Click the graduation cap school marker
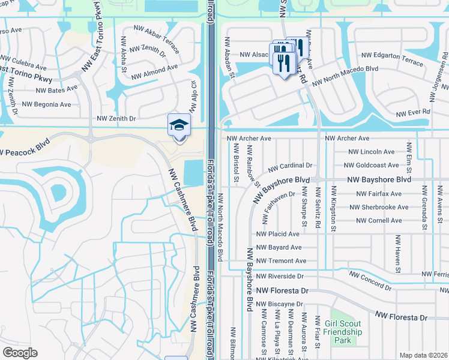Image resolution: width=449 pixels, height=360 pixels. pos(178,126)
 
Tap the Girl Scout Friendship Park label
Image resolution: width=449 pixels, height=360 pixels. pos(343,332)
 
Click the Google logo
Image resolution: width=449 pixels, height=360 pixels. pos(20,353)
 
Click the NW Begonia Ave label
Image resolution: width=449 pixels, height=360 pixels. pos(46,104)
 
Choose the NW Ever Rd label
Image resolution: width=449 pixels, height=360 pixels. pos(413,112)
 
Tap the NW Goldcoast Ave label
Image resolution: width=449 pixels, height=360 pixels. pos(371,165)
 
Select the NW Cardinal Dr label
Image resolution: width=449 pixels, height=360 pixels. pos(290,166)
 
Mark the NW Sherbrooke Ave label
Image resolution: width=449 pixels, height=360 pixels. pos(379,208)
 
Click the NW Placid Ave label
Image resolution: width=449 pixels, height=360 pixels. pos(277,234)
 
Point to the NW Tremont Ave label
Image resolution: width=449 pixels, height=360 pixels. pos(281,261)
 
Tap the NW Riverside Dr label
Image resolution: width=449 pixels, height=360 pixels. pos(280,276)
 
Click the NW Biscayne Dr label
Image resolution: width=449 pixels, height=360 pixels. pos(279,304)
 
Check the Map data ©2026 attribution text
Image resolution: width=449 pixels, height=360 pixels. pos(423,355)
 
